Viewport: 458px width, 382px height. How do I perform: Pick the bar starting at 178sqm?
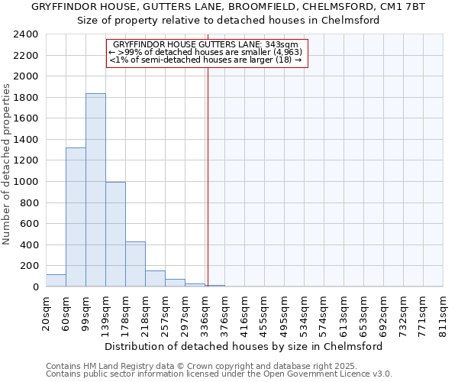[x=135, y=264]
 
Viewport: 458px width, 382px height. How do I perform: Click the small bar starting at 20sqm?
[x=56, y=280]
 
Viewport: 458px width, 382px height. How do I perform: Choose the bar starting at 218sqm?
[x=155, y=279]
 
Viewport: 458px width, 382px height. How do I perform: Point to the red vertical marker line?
[x=208, y=176]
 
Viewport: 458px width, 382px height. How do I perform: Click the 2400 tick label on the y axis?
[x=27, y=35]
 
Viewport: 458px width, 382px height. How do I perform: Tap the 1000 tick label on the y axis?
[x=27, y=182]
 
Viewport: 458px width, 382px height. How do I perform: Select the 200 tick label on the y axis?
[x=30, y=266]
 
